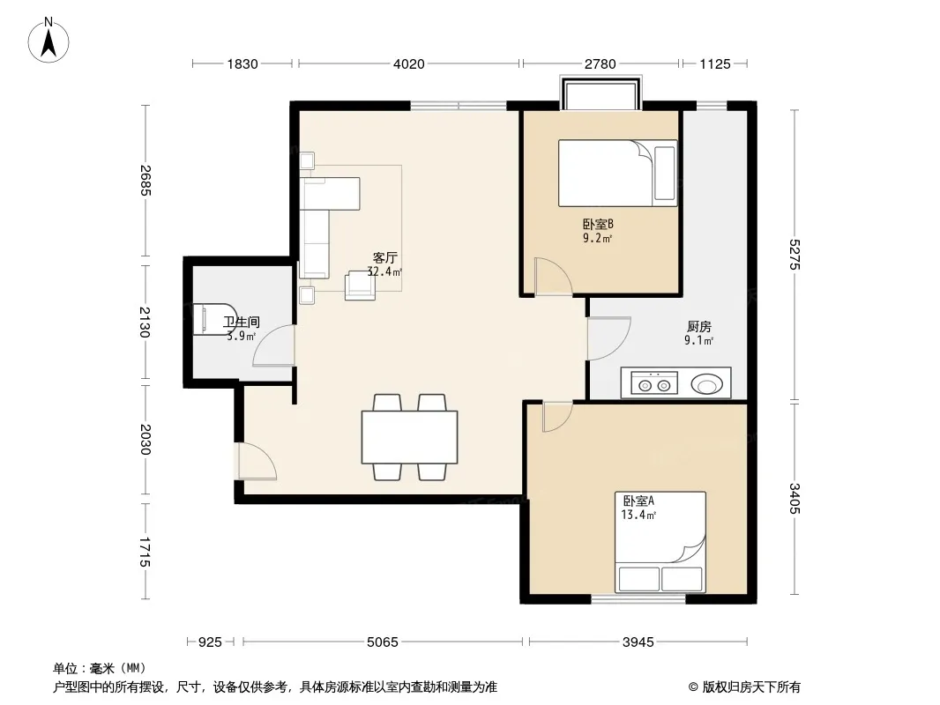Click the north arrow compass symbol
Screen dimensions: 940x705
coord(48,41)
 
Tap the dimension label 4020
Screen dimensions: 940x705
coord(409,63)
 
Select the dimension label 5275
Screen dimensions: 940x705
coord(795,255)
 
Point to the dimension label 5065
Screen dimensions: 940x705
coord(383,642)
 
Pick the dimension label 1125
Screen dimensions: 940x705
coord(715,63)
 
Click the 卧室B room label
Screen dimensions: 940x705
coord(598,225)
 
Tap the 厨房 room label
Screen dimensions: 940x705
coord(699,326)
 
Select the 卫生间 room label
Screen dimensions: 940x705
coord(242,323)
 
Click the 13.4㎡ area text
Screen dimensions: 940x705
coord(638,516)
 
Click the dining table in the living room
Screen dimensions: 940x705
coord(409,437)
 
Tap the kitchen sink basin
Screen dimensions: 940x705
coord(707,384)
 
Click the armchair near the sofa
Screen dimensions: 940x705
coord(360,286)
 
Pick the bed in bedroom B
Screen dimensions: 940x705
coord(617,173)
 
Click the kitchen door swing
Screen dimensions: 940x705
coord(608,338)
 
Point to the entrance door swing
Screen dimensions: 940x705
coord(257,461)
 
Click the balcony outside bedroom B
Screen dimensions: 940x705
coord(601,93)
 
